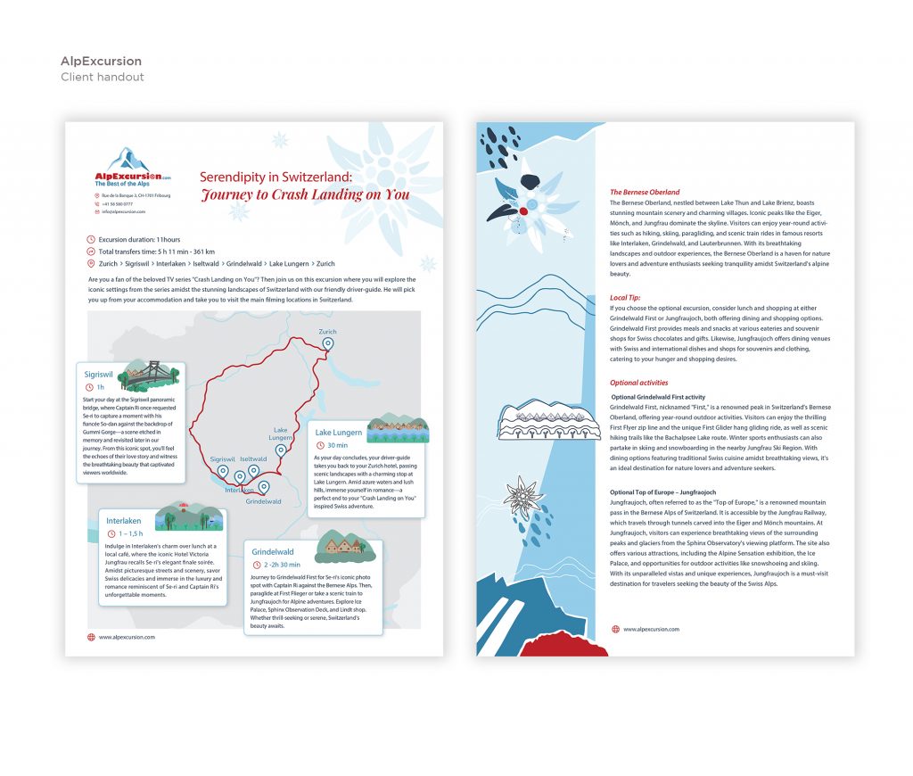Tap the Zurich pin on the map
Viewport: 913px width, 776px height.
[328, 343]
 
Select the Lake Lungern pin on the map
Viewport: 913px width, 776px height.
[281, 450]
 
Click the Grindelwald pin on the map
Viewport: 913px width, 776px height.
[263, 487]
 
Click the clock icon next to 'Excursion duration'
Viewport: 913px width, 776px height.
[91, 240]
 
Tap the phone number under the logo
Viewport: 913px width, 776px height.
[117, 204]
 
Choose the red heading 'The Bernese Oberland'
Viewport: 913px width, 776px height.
[645, 192]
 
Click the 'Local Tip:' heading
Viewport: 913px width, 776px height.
[625, 297]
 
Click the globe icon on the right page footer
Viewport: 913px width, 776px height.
[614, 629]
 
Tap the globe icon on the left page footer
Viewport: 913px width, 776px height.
[91, 637]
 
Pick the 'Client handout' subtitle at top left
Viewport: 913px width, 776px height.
[102, 77]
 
